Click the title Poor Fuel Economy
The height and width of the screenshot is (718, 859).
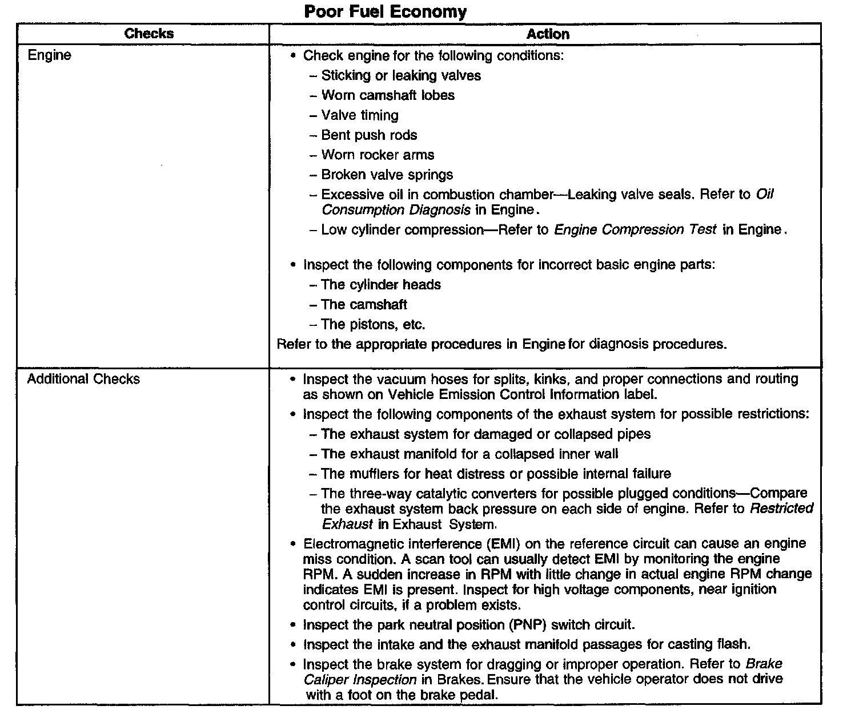coord(385,11)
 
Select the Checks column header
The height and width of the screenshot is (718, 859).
coord(148,34)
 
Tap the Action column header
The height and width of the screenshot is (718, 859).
coord(547,34)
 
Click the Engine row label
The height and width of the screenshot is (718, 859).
coord(50,55)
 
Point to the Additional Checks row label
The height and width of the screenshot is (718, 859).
coord(83,379)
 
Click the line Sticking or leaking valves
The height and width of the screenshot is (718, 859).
coord(401,75)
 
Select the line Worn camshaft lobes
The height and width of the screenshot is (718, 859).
coord(388,95)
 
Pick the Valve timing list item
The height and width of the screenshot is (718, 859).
coord(360,115)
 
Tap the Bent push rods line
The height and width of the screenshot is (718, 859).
coord(369,135)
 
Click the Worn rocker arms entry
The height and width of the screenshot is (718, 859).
coord(378,155)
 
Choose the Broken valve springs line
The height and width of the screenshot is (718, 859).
coord(387,175)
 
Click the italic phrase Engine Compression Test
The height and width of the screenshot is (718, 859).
coord(635,229)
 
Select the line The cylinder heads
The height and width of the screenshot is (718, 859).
coord(381,284)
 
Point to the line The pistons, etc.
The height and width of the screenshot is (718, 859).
coord(373,324)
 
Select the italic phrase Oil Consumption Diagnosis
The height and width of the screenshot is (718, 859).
coord(396,210)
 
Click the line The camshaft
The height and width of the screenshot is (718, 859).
coord(364,304)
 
